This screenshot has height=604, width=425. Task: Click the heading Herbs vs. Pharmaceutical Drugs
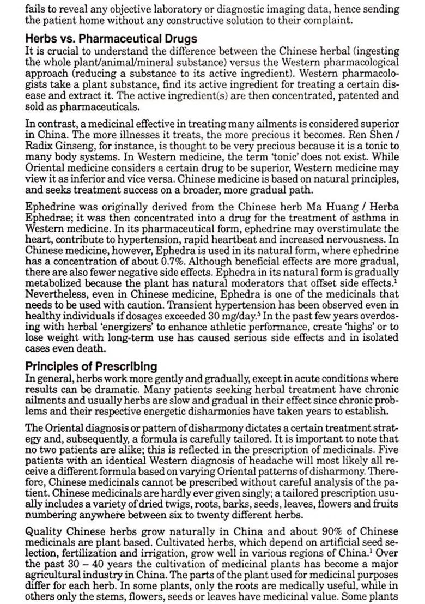coord(111,39)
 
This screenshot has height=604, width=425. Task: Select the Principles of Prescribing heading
coord(91,366)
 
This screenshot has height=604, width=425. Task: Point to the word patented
coord(352,95)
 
